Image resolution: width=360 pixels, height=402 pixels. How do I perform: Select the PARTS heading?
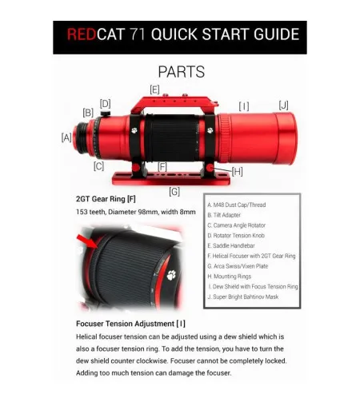(181, 72)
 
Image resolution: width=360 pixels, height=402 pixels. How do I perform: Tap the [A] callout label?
(66, 137)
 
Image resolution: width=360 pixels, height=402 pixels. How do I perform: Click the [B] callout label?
(88, 113)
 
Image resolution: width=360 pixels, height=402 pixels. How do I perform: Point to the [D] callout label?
(105, 103)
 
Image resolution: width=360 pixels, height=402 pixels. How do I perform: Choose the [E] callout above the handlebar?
(154, 88)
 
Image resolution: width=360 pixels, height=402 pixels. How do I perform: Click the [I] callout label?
(243, 105)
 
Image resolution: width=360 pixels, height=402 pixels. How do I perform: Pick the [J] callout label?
(283, 105)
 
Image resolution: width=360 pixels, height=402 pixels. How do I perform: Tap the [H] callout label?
(237, 171)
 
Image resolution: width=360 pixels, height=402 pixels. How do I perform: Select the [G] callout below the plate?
(174, 191)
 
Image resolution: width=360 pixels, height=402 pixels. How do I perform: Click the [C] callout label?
(98, 166)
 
